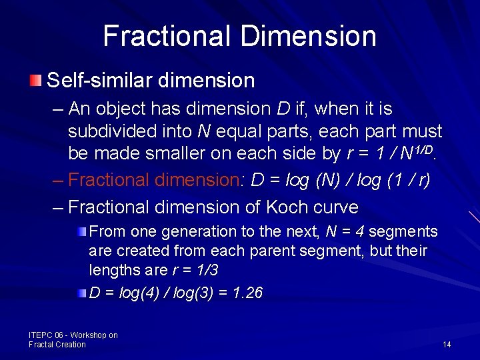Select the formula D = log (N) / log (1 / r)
click(339, 180)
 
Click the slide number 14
click(447, 344)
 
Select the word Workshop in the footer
click(89, 335)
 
